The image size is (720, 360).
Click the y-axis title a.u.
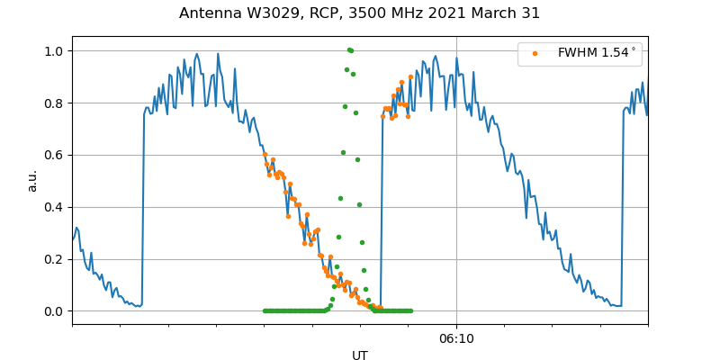[32, 180]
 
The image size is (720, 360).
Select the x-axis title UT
[360, 355]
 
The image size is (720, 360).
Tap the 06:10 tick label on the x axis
[456, 339]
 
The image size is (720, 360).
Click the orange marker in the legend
[535, 53]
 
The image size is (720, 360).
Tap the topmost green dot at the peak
[349, 49]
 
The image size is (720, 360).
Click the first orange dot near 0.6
[265, 155]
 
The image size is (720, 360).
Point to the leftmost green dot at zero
[265, 310]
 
